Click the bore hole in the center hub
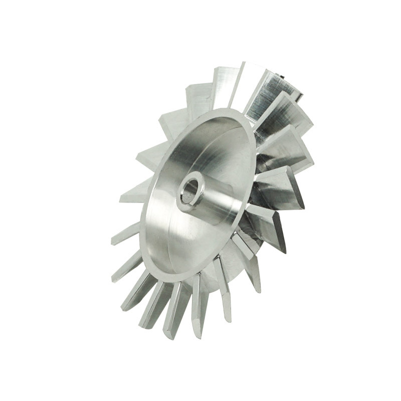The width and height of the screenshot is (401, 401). [x=190, y=191]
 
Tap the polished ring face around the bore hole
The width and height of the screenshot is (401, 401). [x=183, y=200]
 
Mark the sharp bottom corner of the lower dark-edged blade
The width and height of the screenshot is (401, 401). [x=283, y=251]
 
